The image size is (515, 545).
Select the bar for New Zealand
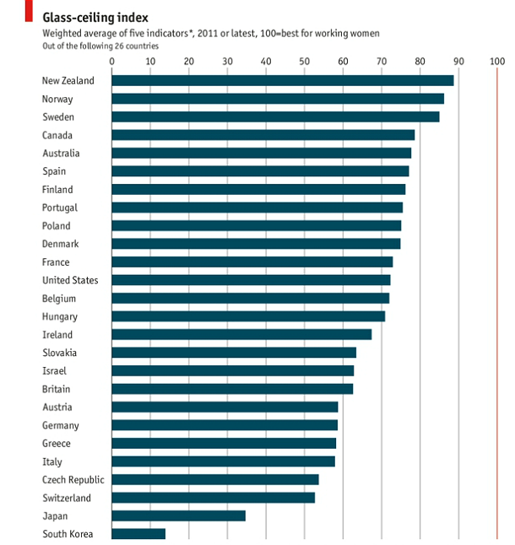click(x=283, y=81)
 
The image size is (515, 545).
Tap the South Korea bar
click(x=138, y=534)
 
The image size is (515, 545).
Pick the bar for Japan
click(x=178, y=515)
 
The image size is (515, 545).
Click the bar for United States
click(x=251, y=280)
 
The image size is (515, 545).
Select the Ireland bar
click(x=241, y=335)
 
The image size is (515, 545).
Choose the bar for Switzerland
click(x=213, y=498)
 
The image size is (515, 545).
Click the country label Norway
click(x=57, y=99)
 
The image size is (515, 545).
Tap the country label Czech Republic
click(x=73, y=480)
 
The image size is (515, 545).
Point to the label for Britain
click(x=57, y=389)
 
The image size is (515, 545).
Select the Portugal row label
click(x=60, y=208)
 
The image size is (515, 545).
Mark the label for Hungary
click(x=60, y=316)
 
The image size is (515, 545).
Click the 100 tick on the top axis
click(x=496, y=61)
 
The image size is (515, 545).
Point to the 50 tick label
click(x=305, y=61)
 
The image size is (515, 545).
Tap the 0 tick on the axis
click(x=112, y=61)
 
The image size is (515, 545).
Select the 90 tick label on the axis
click(x=458, y=61)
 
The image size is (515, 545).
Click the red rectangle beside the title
click(x=29, y=11)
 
